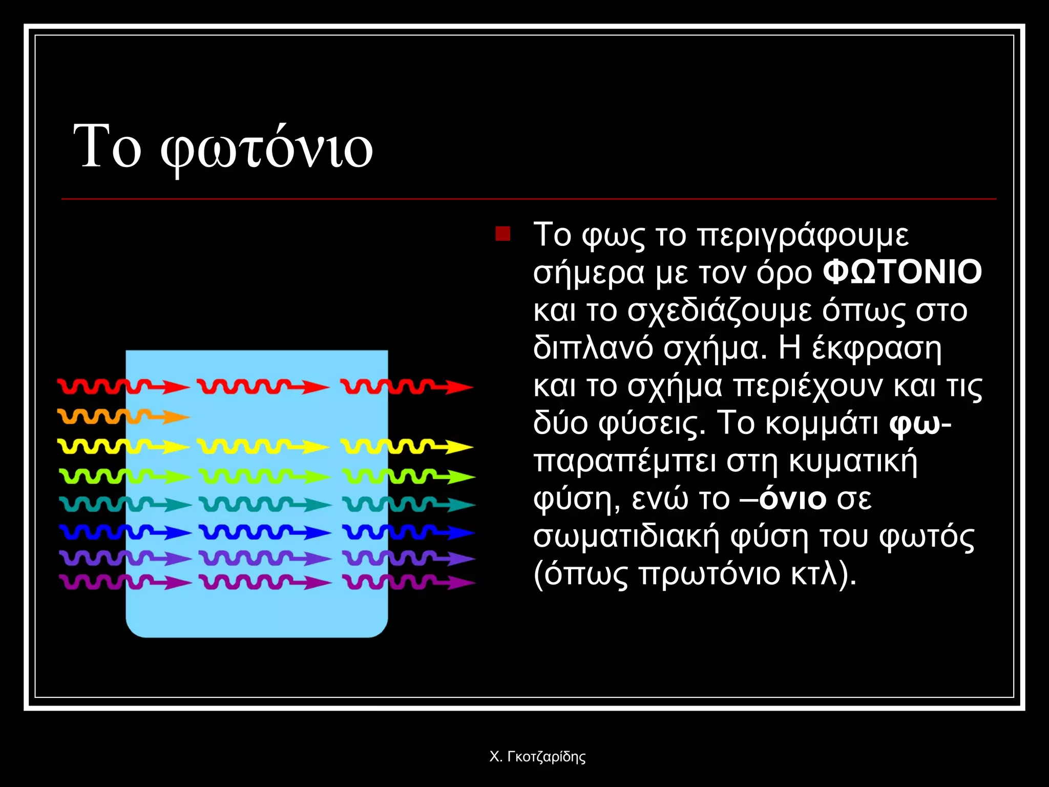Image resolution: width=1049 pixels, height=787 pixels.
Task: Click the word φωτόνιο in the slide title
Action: pyautogui.click(x=266, y=149)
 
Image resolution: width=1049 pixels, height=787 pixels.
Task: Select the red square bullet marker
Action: pyautogui.click(x=503, y=234)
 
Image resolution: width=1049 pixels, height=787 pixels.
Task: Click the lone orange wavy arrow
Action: pyautogui.click(x=123, y=416)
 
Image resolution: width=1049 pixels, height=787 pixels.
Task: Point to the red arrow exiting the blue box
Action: pyautogui.click(x=407, y=387)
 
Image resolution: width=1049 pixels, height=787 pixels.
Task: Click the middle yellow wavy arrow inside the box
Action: pyautogui.click(x=263, y=447)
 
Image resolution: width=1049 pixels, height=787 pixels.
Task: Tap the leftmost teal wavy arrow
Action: pyautogui.click(x=125, y=505)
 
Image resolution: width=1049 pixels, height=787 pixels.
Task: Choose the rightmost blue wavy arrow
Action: pyautogui.click(x=408, y=532)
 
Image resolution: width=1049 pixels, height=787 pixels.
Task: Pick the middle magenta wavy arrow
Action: pyautogui.click(x=265, y=582)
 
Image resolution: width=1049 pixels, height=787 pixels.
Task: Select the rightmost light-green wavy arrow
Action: pyautogui.click(x=408, y=477)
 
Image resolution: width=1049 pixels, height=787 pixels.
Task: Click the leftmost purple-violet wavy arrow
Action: pyautogui.click(x=125, y=557)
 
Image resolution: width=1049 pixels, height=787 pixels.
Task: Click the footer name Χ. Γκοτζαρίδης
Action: pyautogui.click(x=537, y=757)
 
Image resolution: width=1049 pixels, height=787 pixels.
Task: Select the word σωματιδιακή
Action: pyautogui.click(x=626, y=536)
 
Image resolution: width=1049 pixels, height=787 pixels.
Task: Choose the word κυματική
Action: pyautogui.click(x=853, y=461)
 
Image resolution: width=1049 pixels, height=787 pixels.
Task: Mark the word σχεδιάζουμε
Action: pyautogui.click(x=720, y=311)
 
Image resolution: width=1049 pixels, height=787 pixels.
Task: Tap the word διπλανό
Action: pyautogui.click(x=593, y=348)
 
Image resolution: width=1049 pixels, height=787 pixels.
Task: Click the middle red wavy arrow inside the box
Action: pyautogui.click(x=263, y=387)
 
